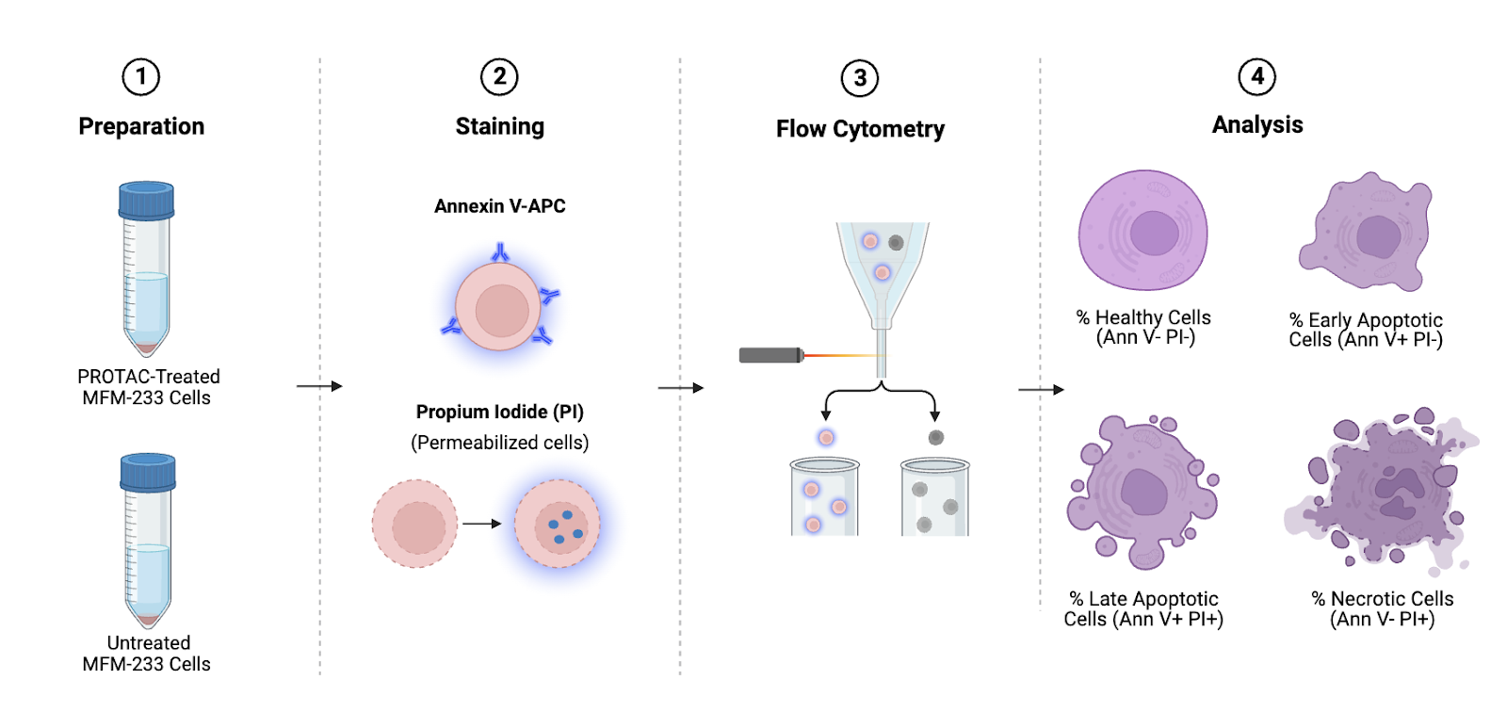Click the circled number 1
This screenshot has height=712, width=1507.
click(x=141, y=76)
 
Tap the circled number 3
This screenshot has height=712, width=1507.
click(x=859, y=78)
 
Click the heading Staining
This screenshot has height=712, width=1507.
click(x=499, y=126)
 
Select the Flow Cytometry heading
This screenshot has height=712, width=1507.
click(x=860, y=129)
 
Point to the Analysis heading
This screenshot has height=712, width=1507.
click(x=1256, y=124)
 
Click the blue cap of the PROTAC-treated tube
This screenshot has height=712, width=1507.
click(x=146, y=200)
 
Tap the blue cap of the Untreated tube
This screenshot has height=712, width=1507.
click(x=148, y=472)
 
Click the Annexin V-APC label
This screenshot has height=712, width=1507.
click(x=499, y=206)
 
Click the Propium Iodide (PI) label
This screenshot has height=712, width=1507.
click(x=499, y=412)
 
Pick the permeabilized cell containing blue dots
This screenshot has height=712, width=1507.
click(x=558, y=524)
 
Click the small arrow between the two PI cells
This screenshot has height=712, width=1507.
click(x=482, y=524)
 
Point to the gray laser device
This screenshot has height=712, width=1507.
click(x=770, y=355)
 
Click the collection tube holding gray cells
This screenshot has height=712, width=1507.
click(x=934, y=498)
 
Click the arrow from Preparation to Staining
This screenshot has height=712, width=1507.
click(x=319, y=386)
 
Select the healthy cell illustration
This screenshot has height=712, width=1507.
click(x=1142, y=230)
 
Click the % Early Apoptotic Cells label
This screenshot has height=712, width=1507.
click(x=1365, y=330)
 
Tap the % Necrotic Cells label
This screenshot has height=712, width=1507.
click(x=1382, y=608)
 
